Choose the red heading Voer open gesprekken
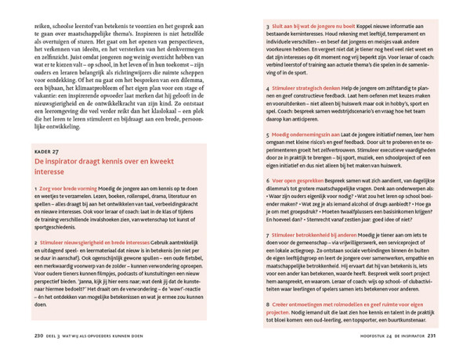pos(296,179)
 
